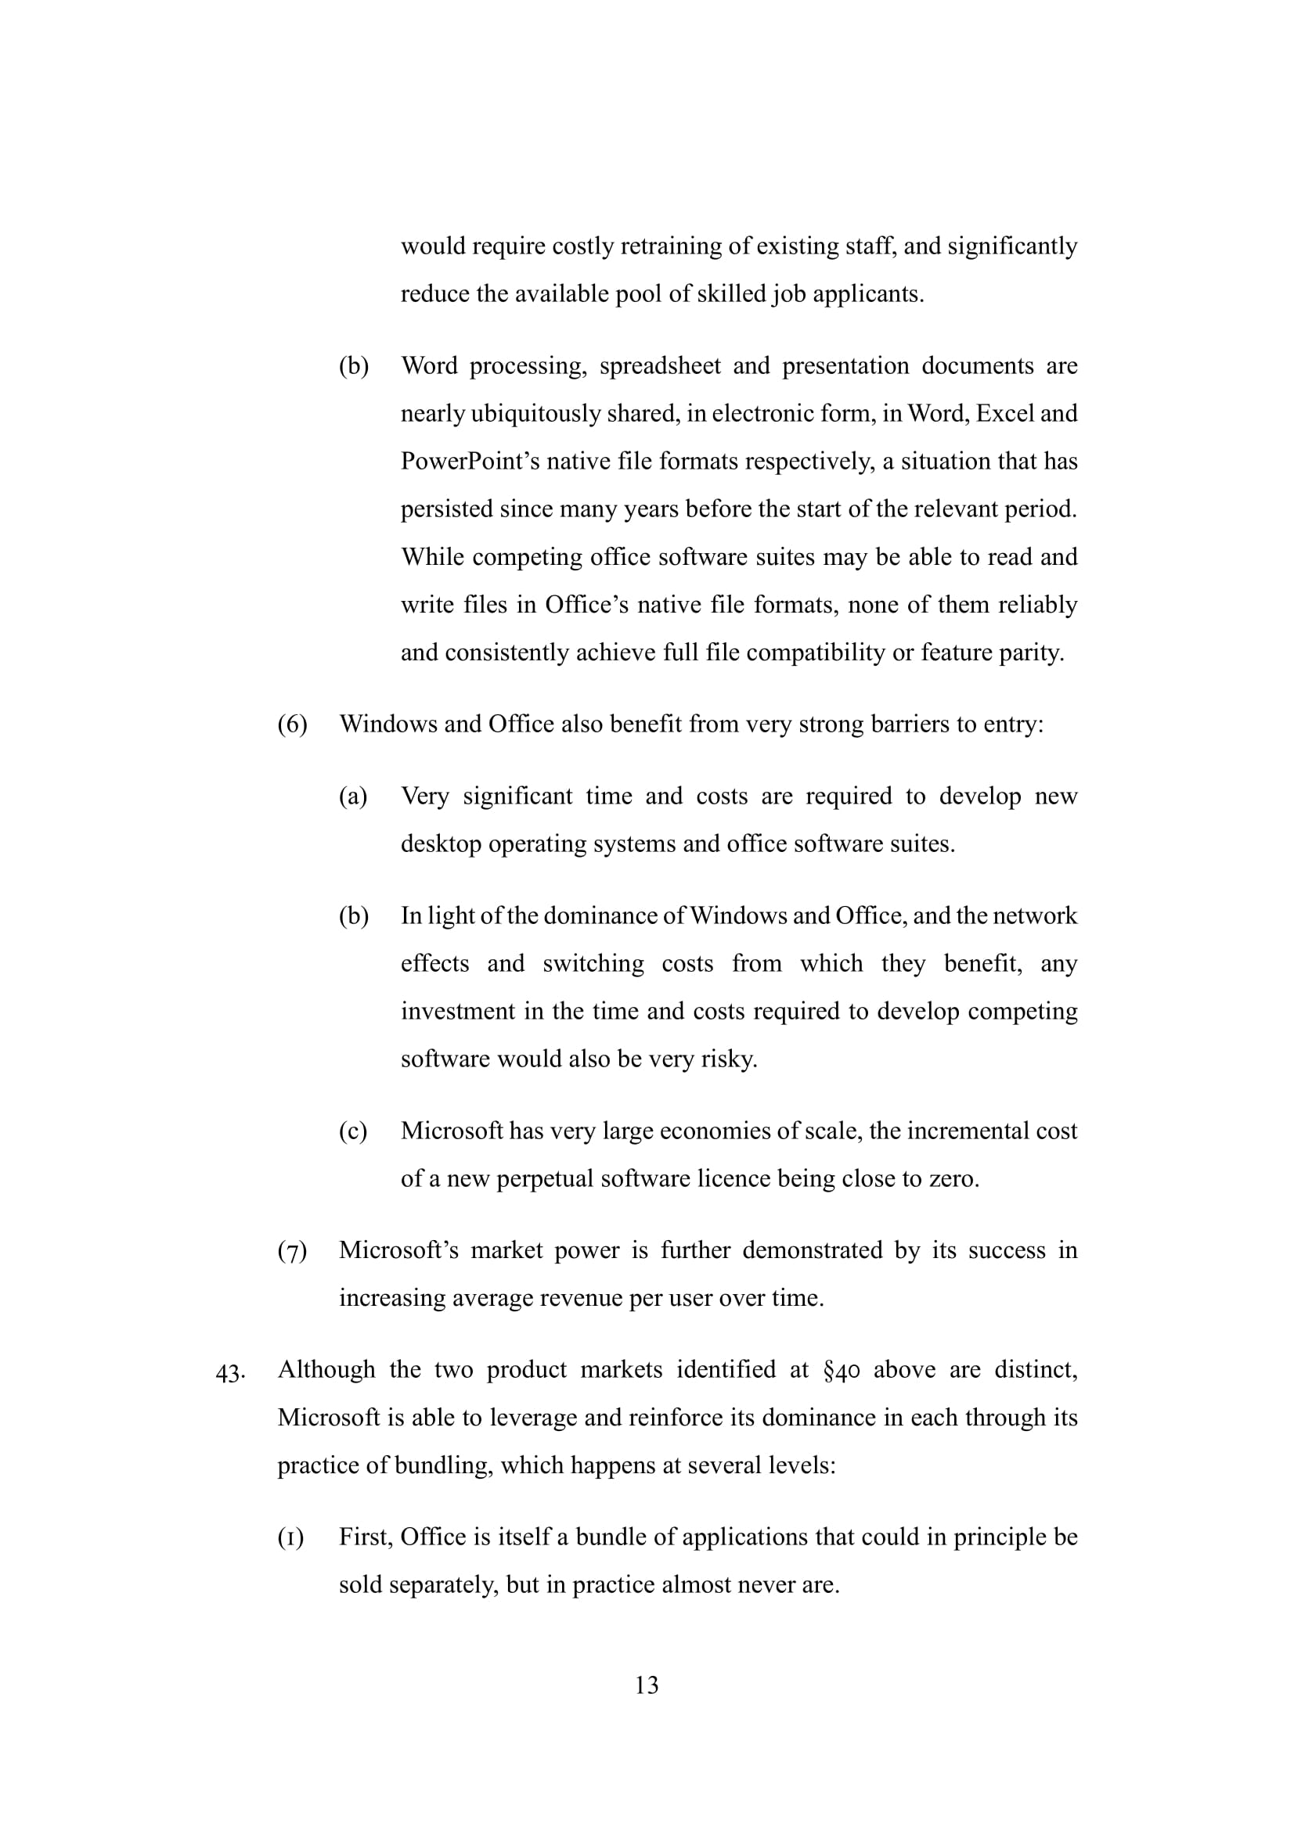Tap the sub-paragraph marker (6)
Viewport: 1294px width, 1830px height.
292,724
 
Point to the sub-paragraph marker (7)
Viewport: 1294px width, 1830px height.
292,1251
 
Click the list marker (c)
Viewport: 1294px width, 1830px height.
353,1131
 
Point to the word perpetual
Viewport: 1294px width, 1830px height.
546,1180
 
